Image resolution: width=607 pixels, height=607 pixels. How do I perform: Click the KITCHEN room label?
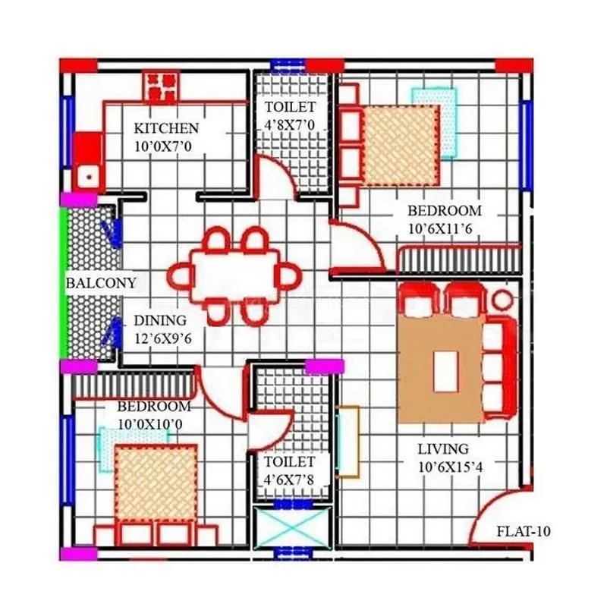coord(166,128)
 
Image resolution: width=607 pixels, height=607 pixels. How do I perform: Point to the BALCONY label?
coord(101,283)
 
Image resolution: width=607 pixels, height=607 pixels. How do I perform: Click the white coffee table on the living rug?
coord(445,371)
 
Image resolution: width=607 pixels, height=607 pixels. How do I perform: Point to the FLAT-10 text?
coord(522,531)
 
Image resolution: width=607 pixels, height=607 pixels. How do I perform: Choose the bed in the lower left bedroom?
coord(156,486)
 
